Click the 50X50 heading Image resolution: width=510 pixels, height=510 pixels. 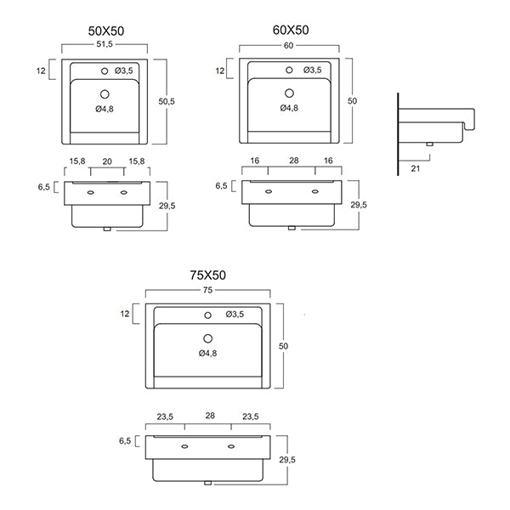[x=106, y=31]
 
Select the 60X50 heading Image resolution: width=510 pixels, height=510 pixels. [x=291, y=31]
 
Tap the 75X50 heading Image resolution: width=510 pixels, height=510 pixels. [x=207, y=275]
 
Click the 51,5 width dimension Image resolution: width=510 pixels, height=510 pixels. [x=106, y=45]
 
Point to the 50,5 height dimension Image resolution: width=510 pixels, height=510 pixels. [x=167, y=101]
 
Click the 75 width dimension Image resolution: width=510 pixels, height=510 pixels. [x=208, y=289]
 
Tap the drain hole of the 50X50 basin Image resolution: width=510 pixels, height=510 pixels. [x=105, y=93]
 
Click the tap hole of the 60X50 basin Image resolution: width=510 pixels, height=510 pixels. [x=290, y=70]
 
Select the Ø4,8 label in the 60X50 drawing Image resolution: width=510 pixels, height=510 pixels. [x=290, y=108]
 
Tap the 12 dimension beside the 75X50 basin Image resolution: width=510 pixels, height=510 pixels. [x=126, y=314]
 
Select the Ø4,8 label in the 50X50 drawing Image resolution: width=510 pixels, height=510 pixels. [x=105, y=109]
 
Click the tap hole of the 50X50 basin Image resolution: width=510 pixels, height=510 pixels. [x=105, y=70]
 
